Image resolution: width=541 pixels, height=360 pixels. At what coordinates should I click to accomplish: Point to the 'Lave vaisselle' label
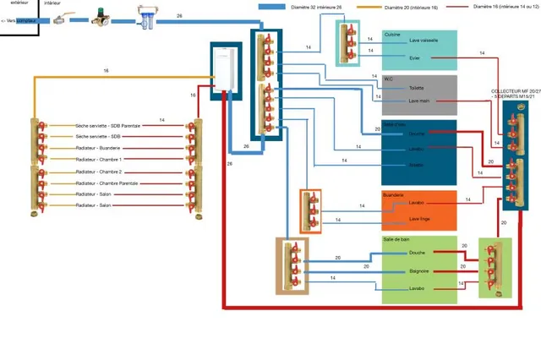(423, 40)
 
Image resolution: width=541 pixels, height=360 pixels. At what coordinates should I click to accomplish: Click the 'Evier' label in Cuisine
(414, 57)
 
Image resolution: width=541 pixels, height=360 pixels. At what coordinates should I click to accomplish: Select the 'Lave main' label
(419, 101)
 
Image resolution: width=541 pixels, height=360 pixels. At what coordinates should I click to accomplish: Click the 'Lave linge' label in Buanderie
(420, 219)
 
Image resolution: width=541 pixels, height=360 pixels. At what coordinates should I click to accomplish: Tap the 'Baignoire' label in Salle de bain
(419, 270)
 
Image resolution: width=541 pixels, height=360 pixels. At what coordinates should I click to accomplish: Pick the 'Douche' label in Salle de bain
(417, 252)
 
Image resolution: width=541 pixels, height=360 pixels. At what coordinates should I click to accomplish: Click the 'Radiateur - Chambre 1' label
(99, 159)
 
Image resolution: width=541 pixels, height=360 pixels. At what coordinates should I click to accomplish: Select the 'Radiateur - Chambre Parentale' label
(107, 183)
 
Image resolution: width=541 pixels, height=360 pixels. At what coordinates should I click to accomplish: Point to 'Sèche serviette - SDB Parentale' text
(108, 124)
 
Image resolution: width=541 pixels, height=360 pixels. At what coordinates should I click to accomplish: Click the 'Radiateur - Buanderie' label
(98, 147)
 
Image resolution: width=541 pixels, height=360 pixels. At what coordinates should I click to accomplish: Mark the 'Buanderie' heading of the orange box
(394, 194)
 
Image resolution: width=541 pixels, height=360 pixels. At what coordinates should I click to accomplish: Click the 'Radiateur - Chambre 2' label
(99, 171)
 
